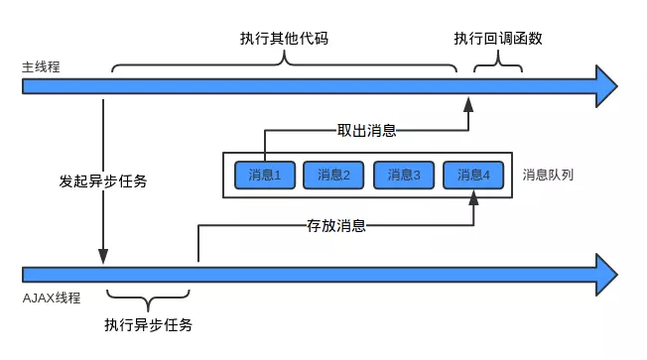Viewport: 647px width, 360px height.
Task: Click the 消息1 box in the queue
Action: coord(265,176)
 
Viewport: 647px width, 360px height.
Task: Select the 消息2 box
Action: coord(334,176)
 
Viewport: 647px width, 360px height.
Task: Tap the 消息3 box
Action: coord(404,176)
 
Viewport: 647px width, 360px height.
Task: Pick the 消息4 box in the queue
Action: coord(473,176)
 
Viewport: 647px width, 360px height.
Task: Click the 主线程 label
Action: coord(42,67)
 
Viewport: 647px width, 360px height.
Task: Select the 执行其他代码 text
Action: coord(284,39)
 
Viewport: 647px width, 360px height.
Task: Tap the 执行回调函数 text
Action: coord(498,39)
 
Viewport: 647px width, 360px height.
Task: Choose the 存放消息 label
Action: coord(337,225)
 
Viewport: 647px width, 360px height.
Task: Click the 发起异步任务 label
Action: coord(103,181)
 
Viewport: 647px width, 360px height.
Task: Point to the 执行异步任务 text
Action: coord(148,325)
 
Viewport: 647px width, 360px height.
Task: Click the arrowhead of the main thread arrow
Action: coord(606,85)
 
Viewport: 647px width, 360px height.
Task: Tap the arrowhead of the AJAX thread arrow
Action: coord(606,273)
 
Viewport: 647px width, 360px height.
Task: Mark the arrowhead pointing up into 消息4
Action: coord(473,199)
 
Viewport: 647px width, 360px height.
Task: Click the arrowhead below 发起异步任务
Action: coord(103,256)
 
